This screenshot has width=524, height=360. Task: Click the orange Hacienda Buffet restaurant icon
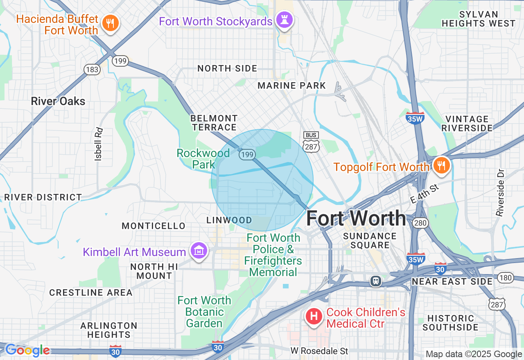coord(110,23)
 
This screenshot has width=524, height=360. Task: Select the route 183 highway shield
coord(92,70)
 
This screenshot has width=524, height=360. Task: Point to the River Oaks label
coord(58,101)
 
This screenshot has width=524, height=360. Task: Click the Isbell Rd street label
coord(98,144)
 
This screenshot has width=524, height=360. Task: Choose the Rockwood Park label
coord(203,159)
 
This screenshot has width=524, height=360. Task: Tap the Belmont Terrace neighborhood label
coord(214,123)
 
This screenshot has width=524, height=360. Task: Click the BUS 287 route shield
coord(311,142)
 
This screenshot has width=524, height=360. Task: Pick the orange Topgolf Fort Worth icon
coord(441,166)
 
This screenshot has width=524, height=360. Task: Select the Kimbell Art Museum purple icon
coord(199,250)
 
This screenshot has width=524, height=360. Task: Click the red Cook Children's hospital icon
coord(314,317)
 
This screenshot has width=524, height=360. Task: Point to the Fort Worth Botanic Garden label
coord(204,312)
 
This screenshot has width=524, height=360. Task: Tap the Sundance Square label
coord(370,241)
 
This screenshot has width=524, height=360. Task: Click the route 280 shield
coord(420,223)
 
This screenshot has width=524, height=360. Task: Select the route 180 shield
coord(506,278)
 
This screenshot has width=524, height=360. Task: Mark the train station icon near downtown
coord(375,281)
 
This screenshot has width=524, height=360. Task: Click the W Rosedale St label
coord(319,351)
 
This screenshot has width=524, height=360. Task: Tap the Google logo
coord(27,350)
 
